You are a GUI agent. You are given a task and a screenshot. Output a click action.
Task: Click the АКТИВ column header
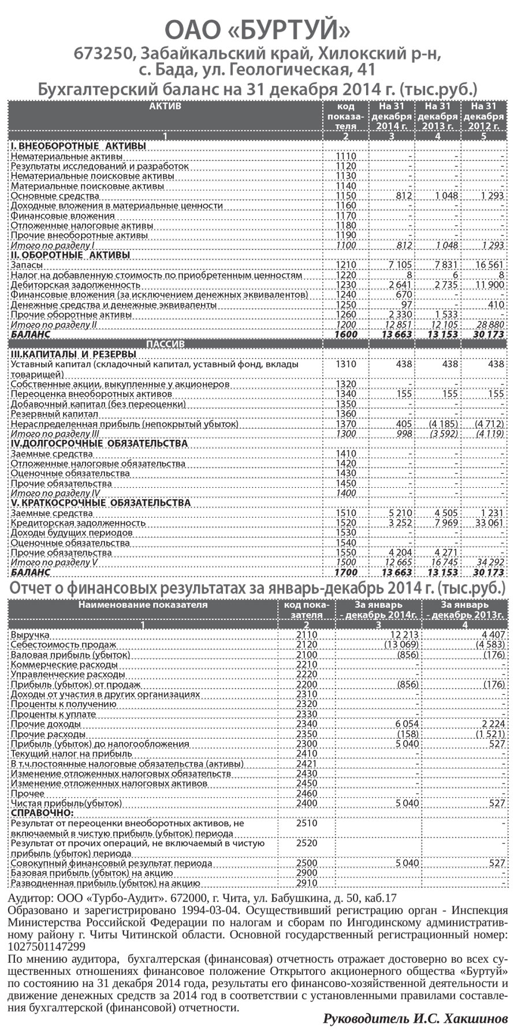[165, 106]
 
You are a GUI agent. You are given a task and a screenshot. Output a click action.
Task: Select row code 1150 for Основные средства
[345, 196]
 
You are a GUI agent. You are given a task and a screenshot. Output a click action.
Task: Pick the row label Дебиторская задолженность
[64, 285]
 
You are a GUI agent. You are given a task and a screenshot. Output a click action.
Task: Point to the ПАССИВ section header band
[165, 344]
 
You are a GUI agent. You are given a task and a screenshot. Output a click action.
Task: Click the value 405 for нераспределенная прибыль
[404, 424]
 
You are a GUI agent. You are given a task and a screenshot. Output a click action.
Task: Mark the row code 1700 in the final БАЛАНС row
[345, 573]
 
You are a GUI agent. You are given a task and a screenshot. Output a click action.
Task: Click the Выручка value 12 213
[402, 635]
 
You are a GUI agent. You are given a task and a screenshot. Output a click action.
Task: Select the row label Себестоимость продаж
[64, 645]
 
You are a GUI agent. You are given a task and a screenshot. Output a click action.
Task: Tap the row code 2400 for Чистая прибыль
[306, 803]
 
